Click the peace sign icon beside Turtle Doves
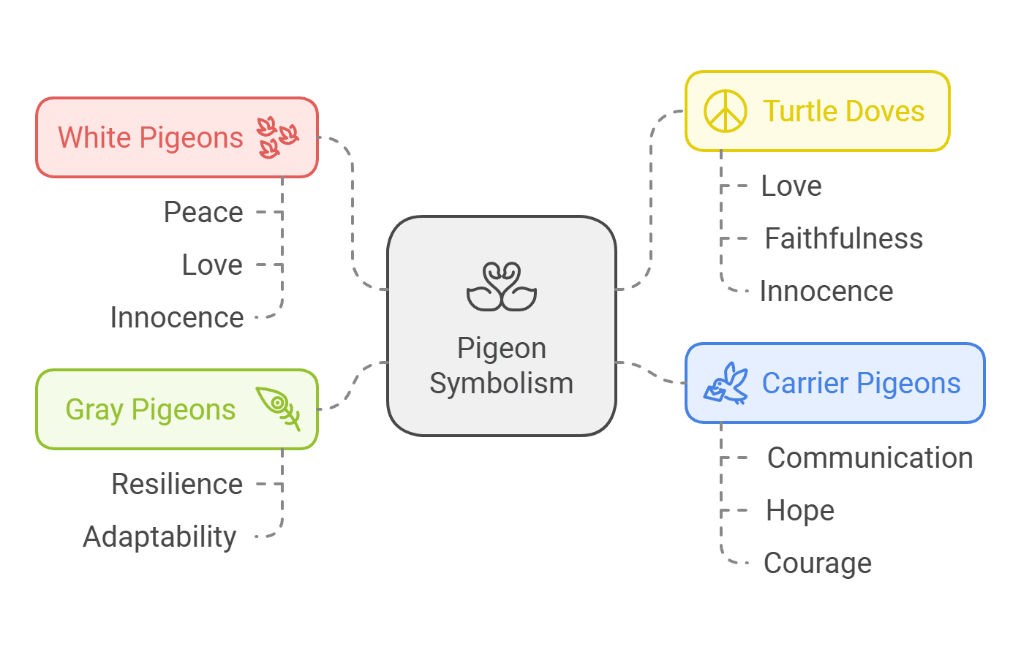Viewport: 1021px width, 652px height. (x=725, y=112)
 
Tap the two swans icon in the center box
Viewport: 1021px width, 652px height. (x=502, y=287)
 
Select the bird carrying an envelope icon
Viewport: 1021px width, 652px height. (x=726, y=383)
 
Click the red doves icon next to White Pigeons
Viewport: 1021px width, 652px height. (x=277, y=137)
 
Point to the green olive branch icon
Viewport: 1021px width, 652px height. (x=279, y=408)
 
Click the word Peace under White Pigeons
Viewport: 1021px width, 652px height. (x=203, y=213)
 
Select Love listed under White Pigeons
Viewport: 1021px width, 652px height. (x=212, y=265)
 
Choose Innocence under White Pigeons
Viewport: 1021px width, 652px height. (x=177, y=318)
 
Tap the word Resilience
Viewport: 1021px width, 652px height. (x=177, y=485)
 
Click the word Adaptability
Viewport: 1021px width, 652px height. (x=160, y=537)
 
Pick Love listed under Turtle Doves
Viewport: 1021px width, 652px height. (x=791, y=186)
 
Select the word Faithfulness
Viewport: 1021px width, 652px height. (x=844, y=239)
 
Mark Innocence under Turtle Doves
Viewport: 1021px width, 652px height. (x=826, y=292)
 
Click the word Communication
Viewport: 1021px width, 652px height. (x=870, y=458)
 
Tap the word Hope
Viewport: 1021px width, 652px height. (x=800, y=511)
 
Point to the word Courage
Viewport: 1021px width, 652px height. (x=818, y=564)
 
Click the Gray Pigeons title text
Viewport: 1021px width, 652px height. (x=151, y=410)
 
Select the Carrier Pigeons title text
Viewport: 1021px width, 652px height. (x=862, y=384)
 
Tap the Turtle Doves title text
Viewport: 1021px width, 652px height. (x=844, y=112)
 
